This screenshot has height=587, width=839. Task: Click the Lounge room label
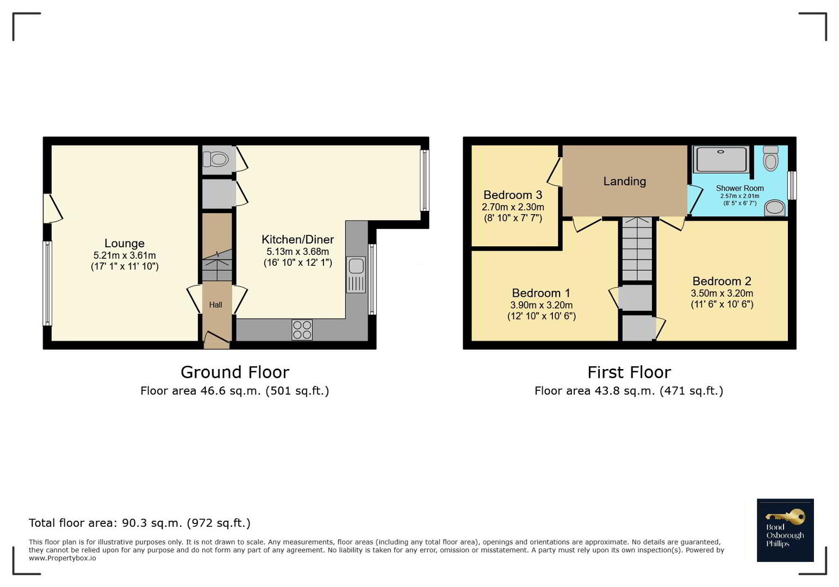point(125,243)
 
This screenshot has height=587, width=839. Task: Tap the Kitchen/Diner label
point(298,240)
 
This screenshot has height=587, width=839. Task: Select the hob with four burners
point(302,330)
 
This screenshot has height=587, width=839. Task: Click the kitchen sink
point(356,274)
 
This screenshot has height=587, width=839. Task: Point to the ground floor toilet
point(215,159)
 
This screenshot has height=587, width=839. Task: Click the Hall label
point(216,305)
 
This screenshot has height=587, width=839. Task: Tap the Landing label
point(624,182)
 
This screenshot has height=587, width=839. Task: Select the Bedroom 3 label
point(513,195)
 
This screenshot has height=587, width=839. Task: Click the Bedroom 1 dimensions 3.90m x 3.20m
point(541,305)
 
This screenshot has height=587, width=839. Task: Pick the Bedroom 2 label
point(722,281)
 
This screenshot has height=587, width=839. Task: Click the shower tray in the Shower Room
point(721,159)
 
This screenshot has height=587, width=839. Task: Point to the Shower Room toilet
point(770,158)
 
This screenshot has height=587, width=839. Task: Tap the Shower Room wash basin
point(775,208)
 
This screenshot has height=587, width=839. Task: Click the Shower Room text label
point(739,188)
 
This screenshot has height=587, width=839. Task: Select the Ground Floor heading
point(235,372)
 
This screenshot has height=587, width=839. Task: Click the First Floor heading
point(629,372)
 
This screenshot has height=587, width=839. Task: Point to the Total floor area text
point(139,523)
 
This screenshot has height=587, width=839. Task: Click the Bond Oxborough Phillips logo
point(785,530)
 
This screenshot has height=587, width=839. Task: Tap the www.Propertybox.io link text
point(62,559)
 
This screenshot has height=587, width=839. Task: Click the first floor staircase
point(637,248)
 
